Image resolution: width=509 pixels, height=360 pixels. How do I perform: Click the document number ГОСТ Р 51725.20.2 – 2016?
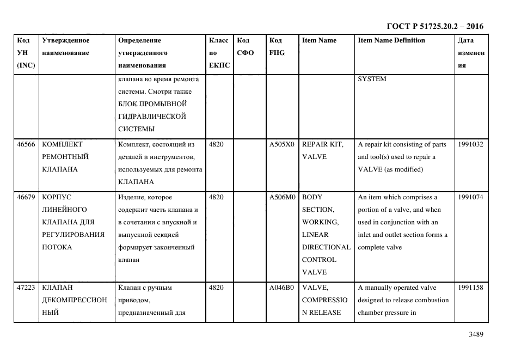coord(434,26)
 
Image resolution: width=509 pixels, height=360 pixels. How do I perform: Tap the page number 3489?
coord(476,335)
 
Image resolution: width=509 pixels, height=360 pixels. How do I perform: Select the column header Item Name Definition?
coord(391,40)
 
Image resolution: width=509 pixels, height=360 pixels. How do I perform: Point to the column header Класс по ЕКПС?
coord(219,53)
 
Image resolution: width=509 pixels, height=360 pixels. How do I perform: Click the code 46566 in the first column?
coord(26,144)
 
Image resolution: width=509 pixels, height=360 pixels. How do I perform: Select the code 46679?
coord(26,197)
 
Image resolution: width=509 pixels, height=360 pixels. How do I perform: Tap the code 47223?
coord(26,288)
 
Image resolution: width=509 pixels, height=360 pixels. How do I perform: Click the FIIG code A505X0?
coord(281,144)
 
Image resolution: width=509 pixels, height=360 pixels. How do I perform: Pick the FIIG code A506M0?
coord(281,197)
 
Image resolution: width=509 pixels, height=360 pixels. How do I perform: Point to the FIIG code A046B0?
coord(281,288)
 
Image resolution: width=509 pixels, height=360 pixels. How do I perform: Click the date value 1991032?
coord(470,144)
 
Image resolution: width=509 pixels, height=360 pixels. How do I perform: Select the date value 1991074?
coord(470,197)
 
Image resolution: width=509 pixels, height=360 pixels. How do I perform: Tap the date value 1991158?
coord(470,288)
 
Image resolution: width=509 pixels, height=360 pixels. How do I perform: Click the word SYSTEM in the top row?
coord(372,79)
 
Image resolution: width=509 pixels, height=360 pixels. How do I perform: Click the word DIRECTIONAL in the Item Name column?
coord(326,247)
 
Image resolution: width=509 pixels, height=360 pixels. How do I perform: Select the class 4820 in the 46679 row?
coord(217,197)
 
